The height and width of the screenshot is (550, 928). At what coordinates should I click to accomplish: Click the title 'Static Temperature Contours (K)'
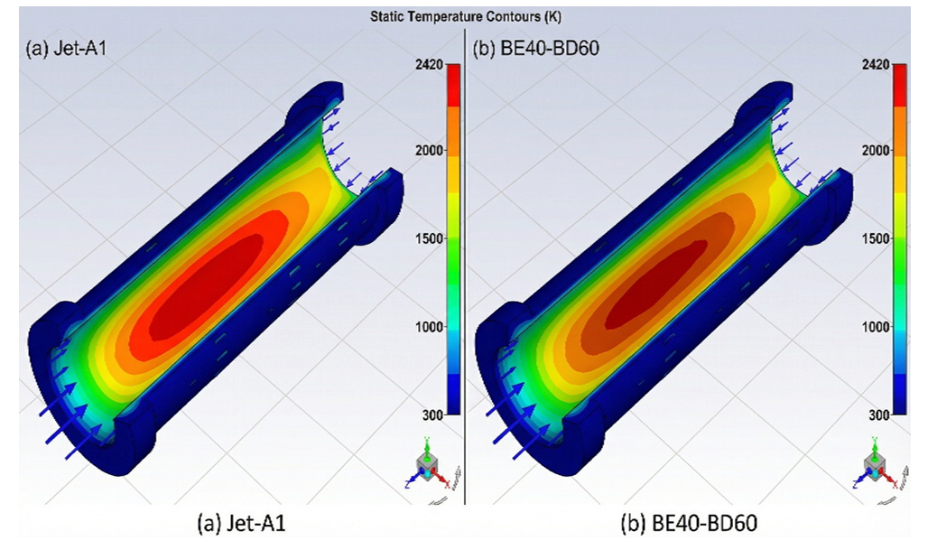tap(465, 16)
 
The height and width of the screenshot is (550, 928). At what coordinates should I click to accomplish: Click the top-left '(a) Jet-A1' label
tap(66, 48)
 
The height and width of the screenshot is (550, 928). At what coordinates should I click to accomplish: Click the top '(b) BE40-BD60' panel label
tap(535, 48)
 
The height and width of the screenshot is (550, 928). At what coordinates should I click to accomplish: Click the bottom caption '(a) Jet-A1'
tap(241, 524)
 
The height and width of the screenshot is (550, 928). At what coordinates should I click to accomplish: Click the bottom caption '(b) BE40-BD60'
tap(688, 524)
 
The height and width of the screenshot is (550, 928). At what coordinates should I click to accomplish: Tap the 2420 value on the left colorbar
tap(430, 64)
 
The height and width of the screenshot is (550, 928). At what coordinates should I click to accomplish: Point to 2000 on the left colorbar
tap(430, 151)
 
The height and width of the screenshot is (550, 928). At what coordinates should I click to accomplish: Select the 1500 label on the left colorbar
tap(430, 238)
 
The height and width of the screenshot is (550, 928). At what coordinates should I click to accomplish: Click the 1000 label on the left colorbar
tap(430, 327)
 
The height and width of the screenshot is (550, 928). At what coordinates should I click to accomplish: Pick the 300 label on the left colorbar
tap(433, 415)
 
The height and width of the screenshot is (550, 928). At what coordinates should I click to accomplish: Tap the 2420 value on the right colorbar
tap(876, 64)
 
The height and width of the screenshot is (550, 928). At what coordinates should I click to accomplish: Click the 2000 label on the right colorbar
tap(876, 151)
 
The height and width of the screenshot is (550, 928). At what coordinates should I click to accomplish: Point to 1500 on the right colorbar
tap(876, 238)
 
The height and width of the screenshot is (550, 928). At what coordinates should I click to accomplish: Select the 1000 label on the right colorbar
tap(876, 327)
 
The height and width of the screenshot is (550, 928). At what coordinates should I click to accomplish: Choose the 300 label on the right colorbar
tap(879, 415)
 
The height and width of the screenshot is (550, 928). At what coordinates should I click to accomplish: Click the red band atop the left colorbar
tap(453, 85)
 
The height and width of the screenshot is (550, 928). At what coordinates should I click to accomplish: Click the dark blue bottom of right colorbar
tap(900, 394)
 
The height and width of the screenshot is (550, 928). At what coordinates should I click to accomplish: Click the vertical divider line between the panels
tap(465, 266)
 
